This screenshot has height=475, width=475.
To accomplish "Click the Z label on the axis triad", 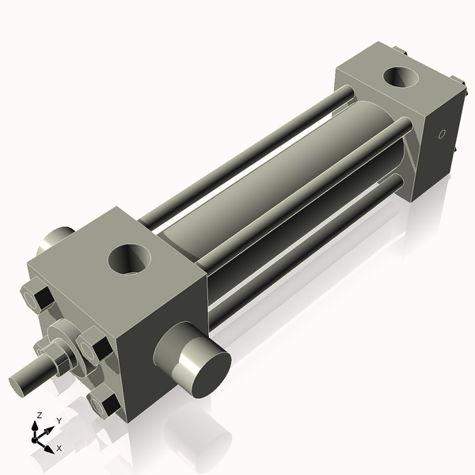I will point(40,415).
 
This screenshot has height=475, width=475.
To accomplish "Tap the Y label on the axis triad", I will point(59,420).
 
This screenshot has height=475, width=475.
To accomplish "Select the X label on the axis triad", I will point(59,448).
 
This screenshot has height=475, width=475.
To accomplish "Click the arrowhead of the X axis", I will point(49,447).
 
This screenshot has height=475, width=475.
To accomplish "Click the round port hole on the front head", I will point(130,258).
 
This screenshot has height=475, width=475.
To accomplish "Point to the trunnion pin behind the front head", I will point(57,237).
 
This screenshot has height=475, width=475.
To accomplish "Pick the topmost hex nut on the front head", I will point(38,298).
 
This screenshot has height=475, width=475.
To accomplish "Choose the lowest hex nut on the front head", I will point(105,404).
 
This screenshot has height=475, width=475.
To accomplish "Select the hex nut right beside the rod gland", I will point(93,348).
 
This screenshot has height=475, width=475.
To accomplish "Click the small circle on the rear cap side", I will point(443,134).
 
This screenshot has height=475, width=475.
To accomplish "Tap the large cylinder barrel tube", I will point(261,198).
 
